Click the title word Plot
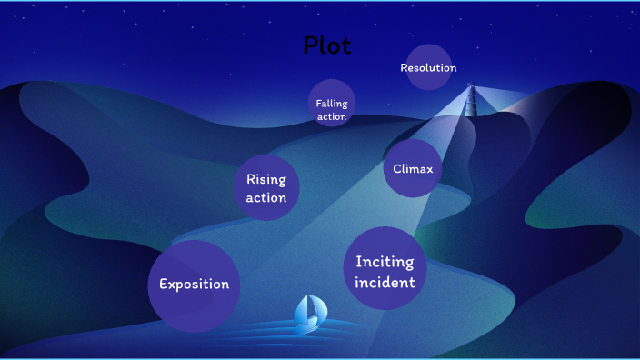326,45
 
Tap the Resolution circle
428,67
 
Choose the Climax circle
412,168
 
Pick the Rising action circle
266,188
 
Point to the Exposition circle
194,285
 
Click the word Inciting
385,262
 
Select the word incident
385,283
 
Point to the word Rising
266,179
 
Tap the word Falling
332,104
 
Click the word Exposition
194,285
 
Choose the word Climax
412,169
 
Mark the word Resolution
428,68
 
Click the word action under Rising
266,197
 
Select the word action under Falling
332,116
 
